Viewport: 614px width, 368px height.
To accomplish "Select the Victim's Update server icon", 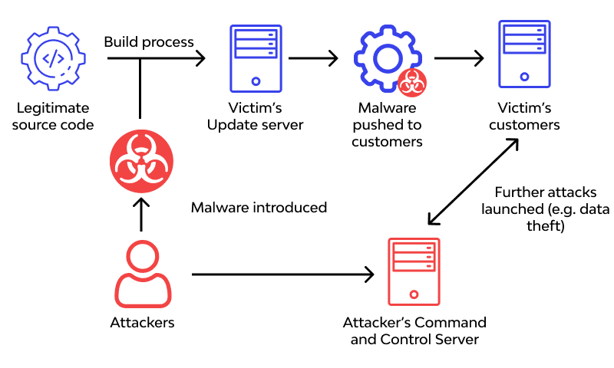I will pos(255,56).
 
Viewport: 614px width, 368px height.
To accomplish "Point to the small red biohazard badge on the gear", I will pos(412,81).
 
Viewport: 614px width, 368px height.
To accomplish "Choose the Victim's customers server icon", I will pos(524,54).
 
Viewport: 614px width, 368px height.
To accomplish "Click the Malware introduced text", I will pos(259,208).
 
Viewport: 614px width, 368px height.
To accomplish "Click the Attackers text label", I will pos(142,323).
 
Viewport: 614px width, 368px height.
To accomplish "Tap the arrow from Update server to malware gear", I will pos(313,58).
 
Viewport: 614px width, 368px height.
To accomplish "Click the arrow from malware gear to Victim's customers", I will pos(459,58).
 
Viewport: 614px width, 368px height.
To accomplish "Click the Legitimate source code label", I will pos(53,117).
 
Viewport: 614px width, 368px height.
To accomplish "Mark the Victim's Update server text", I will pos(256,117).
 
